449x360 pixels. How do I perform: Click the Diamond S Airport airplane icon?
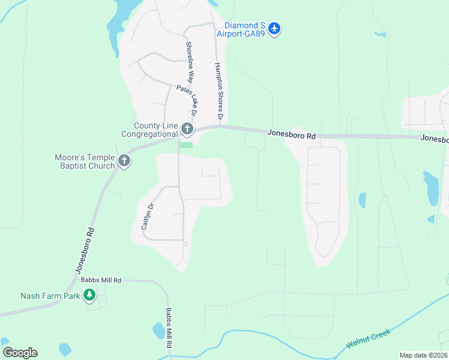click(x=274, y=28)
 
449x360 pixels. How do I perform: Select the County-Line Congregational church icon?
click(x=187, y=129)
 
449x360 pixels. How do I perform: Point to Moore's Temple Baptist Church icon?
click(x=124, y=160)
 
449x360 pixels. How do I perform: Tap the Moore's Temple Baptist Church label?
click(x=85, y=161)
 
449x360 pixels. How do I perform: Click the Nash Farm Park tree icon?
click(x=89, y=295)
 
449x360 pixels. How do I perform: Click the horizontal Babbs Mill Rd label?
click(x=101, y=280)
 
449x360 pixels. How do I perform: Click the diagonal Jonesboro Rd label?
click(x=85, y=250)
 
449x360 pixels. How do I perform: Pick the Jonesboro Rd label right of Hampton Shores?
click(x=291, y=136)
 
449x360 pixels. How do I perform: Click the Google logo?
click(x=20, y=352)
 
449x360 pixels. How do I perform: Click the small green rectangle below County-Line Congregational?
click(x=187, y=145)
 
